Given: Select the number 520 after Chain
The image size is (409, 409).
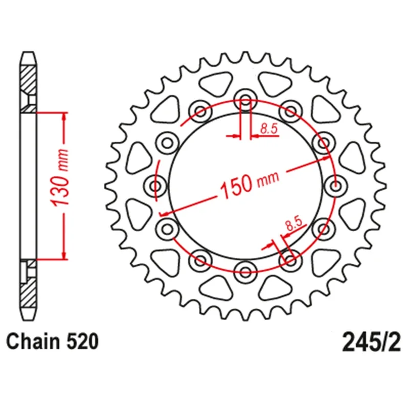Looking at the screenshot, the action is (x=83, y=342).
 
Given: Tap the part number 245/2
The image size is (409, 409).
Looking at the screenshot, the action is (x=371, y=342).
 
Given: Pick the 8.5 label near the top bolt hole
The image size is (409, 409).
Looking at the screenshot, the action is (x=269, y=129).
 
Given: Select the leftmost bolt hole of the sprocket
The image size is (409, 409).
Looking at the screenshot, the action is (x=156, y=186).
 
